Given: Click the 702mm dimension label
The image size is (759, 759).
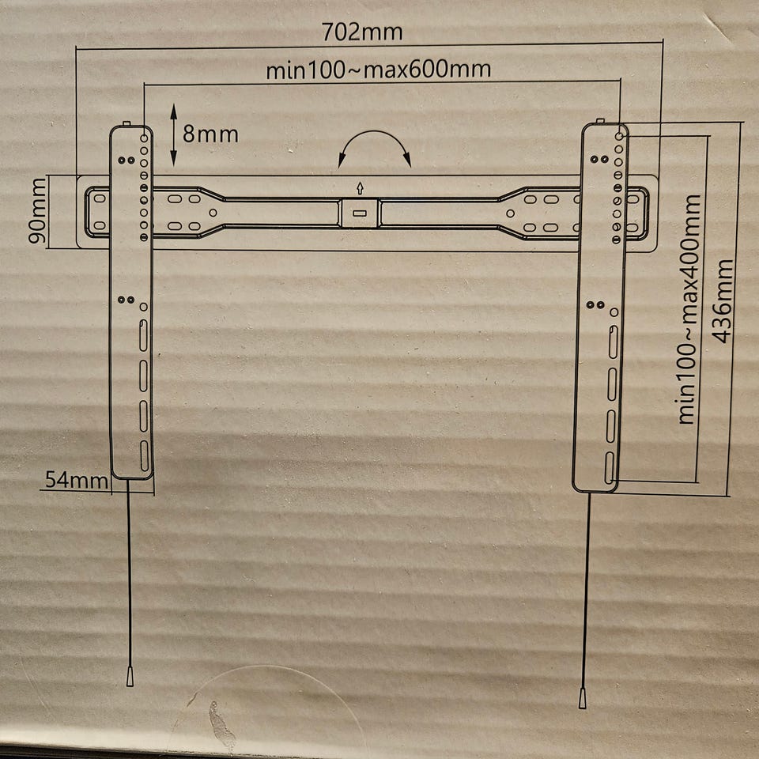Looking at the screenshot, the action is [362, 32].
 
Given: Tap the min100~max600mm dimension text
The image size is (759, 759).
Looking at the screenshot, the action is [379, 70].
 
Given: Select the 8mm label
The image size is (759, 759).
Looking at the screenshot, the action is [210, 134].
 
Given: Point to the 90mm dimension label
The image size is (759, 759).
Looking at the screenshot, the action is [38, 210].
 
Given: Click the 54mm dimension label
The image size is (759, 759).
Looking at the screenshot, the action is [77, 480].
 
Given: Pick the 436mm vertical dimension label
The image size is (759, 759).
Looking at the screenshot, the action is [723, 301].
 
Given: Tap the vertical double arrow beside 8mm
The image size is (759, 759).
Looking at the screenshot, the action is [174, 135].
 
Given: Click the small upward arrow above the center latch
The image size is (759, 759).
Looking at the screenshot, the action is [360, 188].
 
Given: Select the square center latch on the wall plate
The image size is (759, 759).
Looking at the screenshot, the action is [359, 213].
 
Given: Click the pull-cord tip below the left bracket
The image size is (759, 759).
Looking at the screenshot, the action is [130, 676].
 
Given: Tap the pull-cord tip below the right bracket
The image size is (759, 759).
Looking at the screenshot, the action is [583, 698].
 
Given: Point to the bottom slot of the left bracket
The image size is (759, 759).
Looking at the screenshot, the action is [144, 455].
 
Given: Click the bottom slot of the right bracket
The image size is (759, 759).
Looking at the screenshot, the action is [609, 467].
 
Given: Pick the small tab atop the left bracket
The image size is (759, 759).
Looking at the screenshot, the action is [126, 124].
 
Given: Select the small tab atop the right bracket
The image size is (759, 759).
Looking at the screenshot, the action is [600, 121].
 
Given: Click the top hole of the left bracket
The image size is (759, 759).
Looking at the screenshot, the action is [144, 138].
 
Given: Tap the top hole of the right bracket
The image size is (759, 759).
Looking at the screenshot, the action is [619, 137].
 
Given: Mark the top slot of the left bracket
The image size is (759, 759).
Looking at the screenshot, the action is [144, 335].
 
